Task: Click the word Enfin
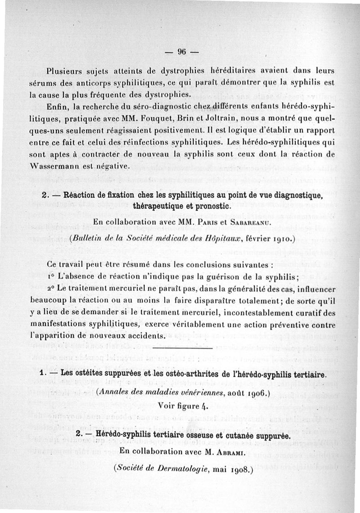click(56, 107)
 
